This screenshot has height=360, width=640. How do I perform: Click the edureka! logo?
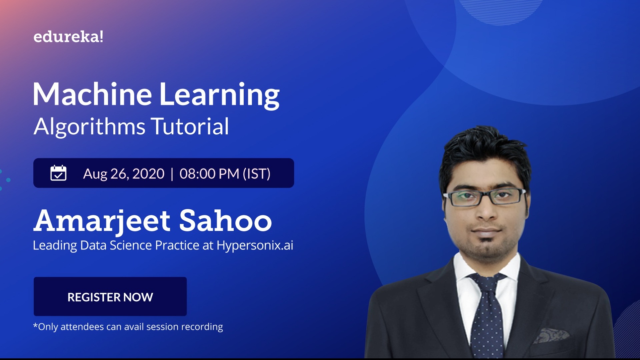pyautogui.click(x=68, y=37)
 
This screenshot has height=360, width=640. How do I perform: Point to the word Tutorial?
pyautogui.click(x=190, y=127)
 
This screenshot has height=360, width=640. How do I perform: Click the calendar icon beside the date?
pyautogui.click(x=58, y=173)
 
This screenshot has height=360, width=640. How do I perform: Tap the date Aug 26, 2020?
pyautogui.click(x=124, y=174)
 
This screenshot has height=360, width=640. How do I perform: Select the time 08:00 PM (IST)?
pyautogui.click(x=225, y=174)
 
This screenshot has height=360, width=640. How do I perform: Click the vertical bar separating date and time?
pyautogui.click(x=172, y=174)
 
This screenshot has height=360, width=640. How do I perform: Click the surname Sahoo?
pyautogui.click(x=226, y=221)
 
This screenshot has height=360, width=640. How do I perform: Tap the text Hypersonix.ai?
pyautogui.click(x=255, y=245)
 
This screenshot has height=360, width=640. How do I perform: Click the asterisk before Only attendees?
pyautogui.click(x=35, y=325)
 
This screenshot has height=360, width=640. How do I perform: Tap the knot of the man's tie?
pyautogui.click(x=487, y=282)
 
